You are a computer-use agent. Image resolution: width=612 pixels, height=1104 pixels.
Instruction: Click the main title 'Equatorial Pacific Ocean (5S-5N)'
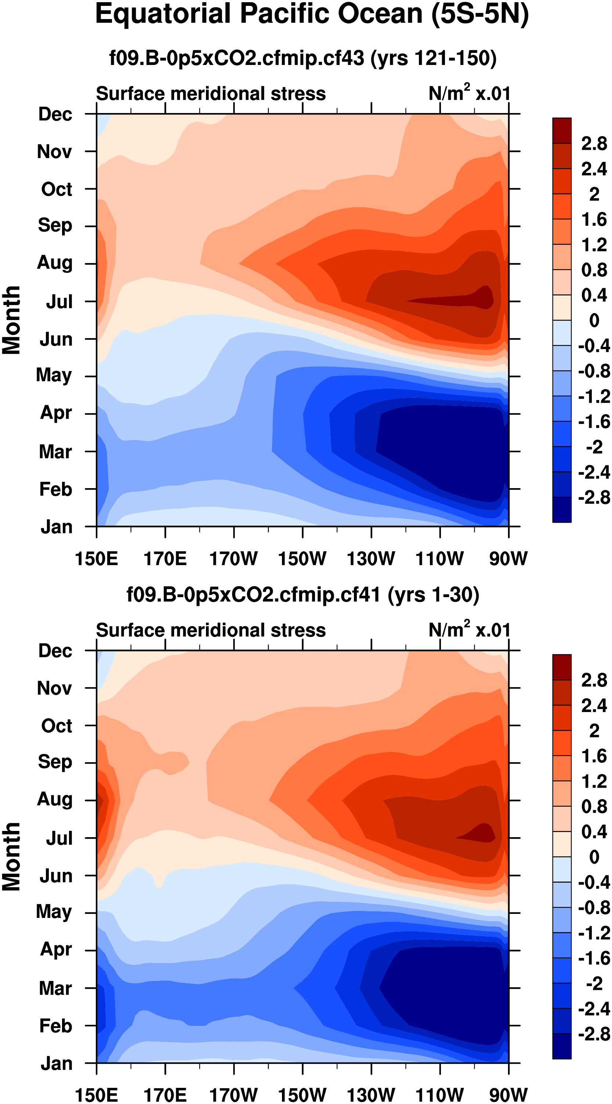(312, 15)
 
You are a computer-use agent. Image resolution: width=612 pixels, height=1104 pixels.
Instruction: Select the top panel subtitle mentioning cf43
(303, 58)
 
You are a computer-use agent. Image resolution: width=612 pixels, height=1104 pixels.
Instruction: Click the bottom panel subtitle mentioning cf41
(303, 595)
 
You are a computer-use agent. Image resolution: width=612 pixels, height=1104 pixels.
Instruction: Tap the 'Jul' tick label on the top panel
(59, 302)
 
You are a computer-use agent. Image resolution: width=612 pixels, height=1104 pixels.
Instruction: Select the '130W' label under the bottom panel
(371, 1095)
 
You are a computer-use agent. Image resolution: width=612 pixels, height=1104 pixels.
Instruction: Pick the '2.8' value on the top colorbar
(594, 143)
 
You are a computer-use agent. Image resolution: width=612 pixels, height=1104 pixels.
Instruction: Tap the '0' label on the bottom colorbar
(594, 857)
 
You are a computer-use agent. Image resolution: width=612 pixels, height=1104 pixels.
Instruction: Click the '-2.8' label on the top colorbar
(594, 497)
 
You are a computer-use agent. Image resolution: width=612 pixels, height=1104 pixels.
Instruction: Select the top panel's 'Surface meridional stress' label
(210, 94)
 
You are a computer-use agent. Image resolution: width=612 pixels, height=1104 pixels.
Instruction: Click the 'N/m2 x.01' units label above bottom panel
(469, 630)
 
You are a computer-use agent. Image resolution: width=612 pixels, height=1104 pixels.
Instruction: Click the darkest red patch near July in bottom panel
(482, 833)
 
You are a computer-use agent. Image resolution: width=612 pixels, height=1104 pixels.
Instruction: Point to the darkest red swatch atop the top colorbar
(561, 130)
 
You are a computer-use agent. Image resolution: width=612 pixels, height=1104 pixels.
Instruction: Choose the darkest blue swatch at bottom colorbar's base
(561, 1046)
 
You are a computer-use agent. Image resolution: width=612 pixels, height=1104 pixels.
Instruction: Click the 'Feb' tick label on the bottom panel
(55, 1025)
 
